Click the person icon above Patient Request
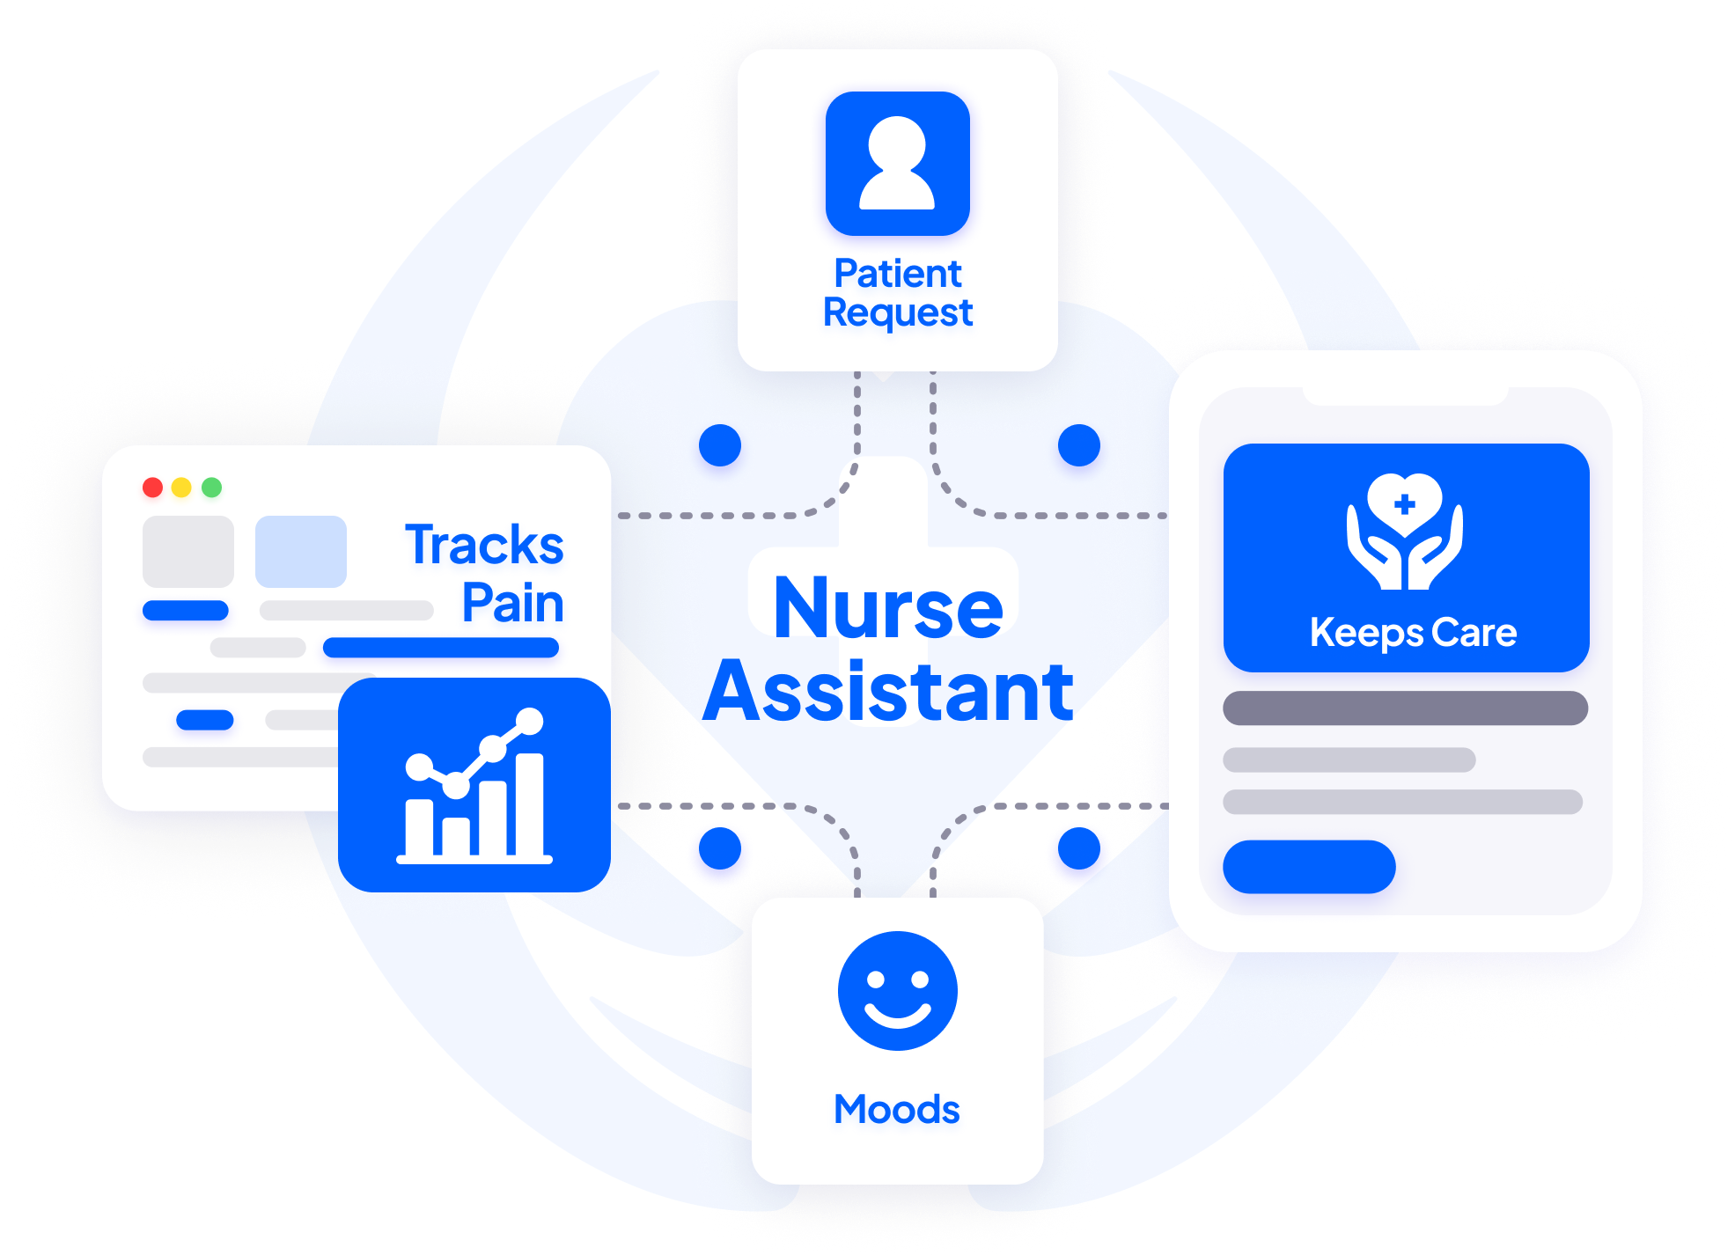point(897,164)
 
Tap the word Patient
point(897,274)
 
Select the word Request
point(897,313)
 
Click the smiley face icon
point(897,991)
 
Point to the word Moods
point(896,1109)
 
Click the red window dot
point(152,488)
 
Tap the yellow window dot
point(181,488)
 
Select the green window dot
point(211,488)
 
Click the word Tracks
point(484,545)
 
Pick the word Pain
point(512,603)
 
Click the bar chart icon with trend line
point(474,786)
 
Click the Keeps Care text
point(1413,633)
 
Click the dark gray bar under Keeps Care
point(1405,708)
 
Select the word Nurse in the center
point(888,607)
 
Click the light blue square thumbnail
point(300,552)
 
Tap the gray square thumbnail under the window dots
point(188,552)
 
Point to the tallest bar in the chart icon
point(529,804)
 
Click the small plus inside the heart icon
point(1405,504)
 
